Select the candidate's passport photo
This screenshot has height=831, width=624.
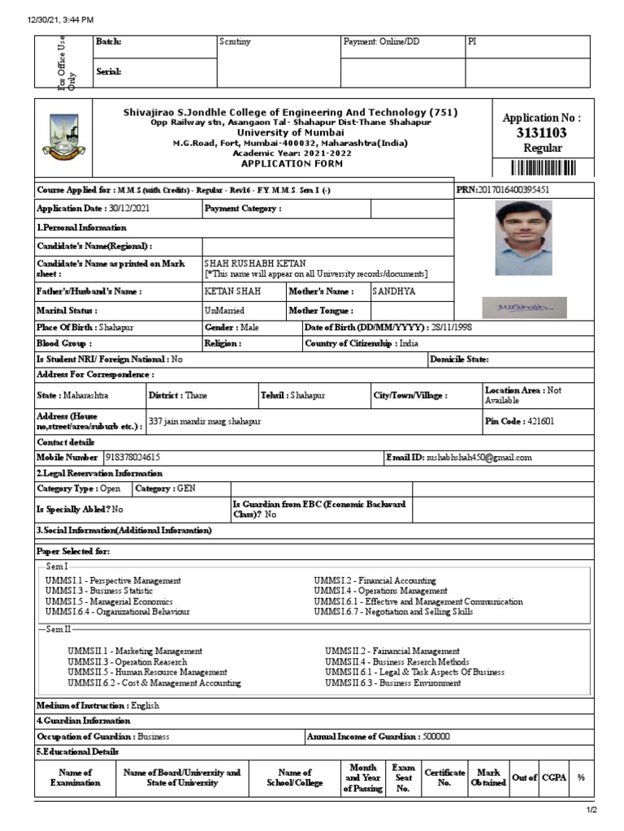coord(523,238)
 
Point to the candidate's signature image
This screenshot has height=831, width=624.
coord(525,308)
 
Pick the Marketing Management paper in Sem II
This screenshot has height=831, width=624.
coord(135,651)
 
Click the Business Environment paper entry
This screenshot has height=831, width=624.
coord(393,683)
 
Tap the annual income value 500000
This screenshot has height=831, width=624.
coord(436,736)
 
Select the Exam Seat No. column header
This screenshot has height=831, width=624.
coord(403,777)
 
